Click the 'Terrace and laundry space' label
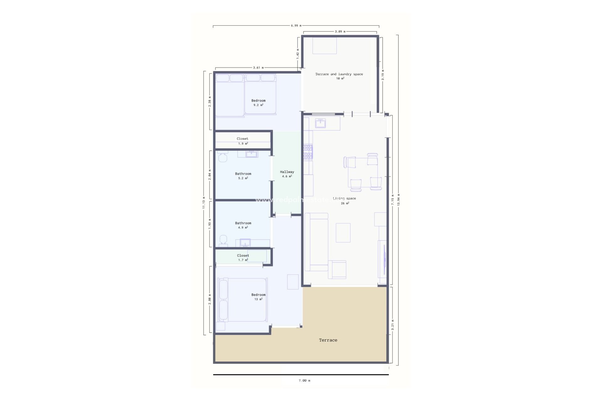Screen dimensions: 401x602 tap(339, 74)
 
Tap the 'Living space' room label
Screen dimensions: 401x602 tap(344, 199)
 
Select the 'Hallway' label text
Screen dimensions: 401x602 tap(287, 172)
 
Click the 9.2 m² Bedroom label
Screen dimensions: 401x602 tap(258, 101)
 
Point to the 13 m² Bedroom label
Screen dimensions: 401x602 tap(258, 295)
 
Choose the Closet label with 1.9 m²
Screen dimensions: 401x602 tap(242, 139)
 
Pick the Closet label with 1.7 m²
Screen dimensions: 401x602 tap(243, 256)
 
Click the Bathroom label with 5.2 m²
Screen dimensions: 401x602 tap(243, 174)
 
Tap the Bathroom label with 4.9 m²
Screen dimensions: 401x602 tap(243, 223)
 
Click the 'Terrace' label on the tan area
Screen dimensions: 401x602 tap(328, 340)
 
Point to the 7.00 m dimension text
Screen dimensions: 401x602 tap(304, 381)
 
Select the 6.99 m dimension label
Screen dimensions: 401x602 tap(296, 26)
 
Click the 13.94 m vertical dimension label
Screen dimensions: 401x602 tap(399, 200)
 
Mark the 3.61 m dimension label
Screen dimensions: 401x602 tap(258, 68)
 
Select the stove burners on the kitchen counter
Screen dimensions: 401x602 tap(308, 152)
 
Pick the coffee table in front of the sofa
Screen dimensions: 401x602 tap(343, 232)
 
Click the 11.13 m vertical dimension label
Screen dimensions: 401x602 tap(203, 202)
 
